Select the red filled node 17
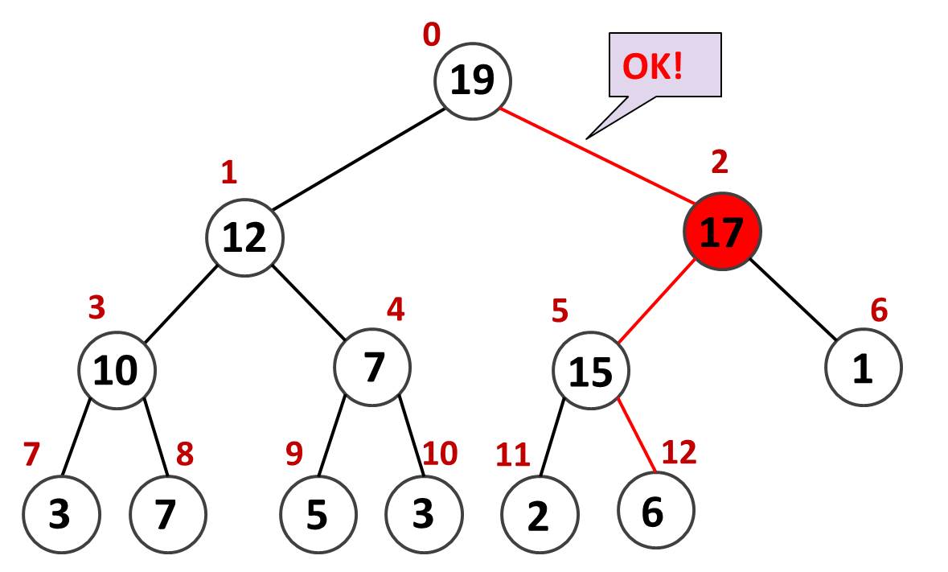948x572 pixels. click(x=722, y=232)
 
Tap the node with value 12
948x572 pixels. click(x=244, y=237)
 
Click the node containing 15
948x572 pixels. click(x=591, y=372)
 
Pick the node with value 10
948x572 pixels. click(x=117, y=370)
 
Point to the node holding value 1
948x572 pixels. click(x=863, y=368)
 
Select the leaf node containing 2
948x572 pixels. click(x=539, y=516)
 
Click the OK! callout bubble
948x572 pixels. click(x=664, y=66)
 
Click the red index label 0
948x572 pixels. click(x=432, y=35)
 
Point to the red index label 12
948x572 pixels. click(x=678, y=453)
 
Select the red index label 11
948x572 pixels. click(x=513, y=455)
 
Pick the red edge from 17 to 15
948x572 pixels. click(x=653, y=302)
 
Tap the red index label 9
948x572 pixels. click(x=294, y=455)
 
